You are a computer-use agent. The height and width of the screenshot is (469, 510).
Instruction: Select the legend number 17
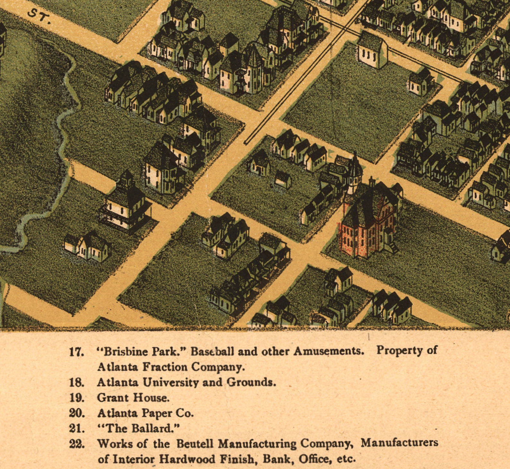click(76, 352)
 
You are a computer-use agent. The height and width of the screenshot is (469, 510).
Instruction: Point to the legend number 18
click(76, 382)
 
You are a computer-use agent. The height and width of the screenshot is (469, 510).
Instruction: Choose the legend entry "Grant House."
click(133, 398)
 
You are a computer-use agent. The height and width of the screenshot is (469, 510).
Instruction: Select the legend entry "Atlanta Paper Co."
click(145, 413)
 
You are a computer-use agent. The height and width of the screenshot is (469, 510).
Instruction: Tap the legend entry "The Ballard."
click(138, 428)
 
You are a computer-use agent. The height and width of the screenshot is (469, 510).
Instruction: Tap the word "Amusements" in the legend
click(329, 351)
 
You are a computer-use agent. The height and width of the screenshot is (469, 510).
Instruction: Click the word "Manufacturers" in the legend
click(399, 443)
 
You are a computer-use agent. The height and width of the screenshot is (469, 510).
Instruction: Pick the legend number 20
click(77, 413)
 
